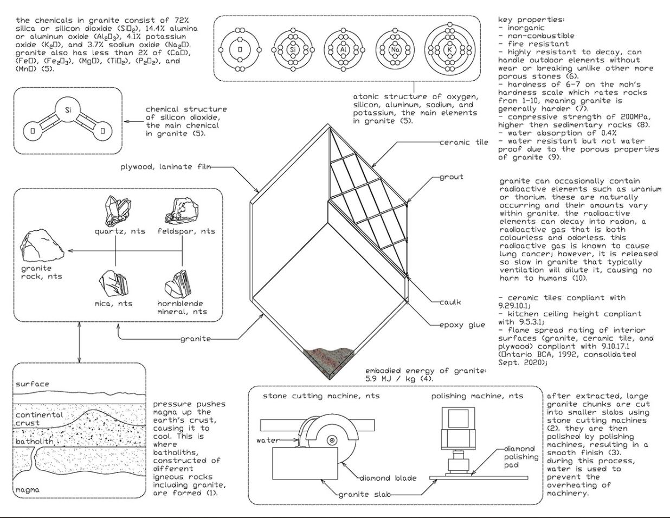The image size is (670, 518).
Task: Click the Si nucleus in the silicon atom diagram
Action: tap(293, 50)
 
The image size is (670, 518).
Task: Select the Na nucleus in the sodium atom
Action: tap(395, 50)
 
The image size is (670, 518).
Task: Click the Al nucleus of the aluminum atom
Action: tap(343, 50)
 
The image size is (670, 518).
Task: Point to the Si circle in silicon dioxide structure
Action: tap(68, 111)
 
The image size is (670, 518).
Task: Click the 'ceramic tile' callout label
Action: tap(464, 143)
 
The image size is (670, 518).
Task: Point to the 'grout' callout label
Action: tap(452, 177)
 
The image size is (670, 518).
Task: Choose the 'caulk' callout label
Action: tap(450, 302)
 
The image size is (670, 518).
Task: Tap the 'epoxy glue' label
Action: tap(462, 325)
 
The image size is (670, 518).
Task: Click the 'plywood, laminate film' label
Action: tap(156, 167)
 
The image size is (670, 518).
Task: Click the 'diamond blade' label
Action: tap(388, 478)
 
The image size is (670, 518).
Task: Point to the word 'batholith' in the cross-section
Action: tap(35, 442)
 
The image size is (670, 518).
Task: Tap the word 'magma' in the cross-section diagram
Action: tap(28, 490)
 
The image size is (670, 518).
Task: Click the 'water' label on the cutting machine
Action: tap(268, 441)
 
